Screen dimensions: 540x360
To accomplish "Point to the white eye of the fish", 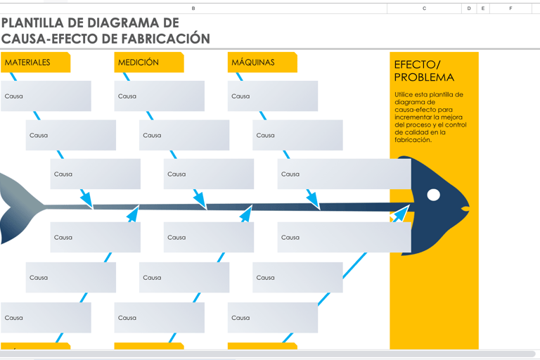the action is [434, 195].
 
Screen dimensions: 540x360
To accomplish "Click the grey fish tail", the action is [18, 207].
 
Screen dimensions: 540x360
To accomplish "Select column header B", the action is [193, 8].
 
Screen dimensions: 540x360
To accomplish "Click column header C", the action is [424, 8].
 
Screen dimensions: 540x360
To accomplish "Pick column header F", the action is [510, 8].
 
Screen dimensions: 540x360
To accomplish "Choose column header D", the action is [469, 8].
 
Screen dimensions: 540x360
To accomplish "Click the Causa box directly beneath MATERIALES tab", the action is [46, 96].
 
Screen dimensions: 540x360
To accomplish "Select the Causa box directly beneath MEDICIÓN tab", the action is [159, 96].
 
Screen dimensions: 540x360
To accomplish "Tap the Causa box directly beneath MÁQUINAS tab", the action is [273, 96].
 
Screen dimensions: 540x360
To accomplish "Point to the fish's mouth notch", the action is [464, 208].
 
